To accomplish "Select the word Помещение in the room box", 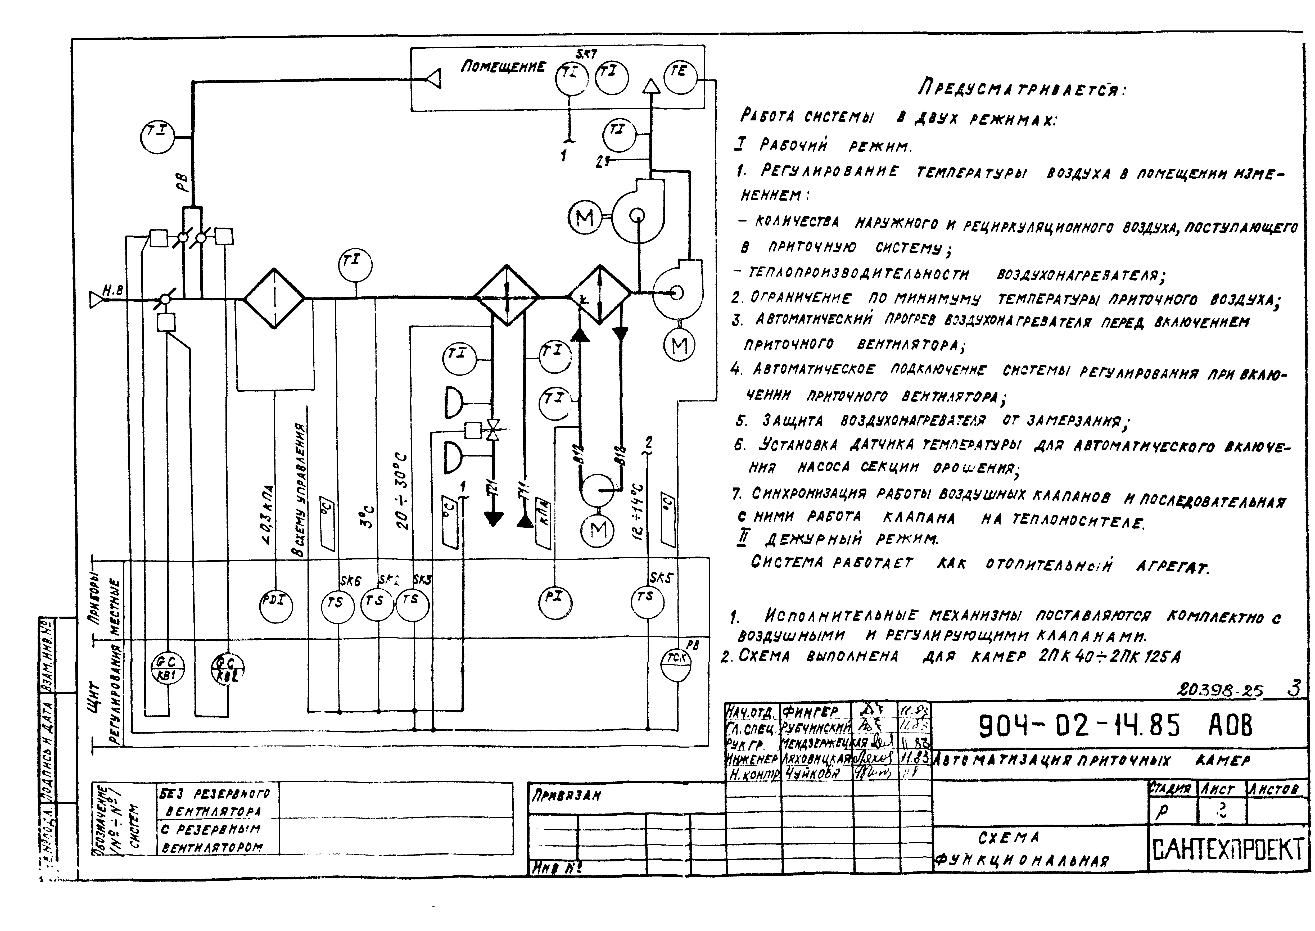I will click(x=503, y=67).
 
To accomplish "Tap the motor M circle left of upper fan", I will click(x=585, y=218).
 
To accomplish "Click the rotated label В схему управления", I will click(x=299, y=490).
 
